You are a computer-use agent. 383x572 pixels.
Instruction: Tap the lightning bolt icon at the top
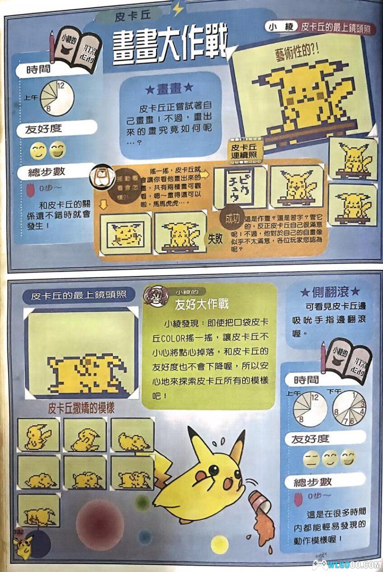click(178, 9)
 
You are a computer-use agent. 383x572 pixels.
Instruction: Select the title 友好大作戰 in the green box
click(202, 304)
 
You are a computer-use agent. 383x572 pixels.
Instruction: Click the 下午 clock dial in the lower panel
click(349, 408)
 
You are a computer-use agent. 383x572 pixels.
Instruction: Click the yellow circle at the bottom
click(220, 544)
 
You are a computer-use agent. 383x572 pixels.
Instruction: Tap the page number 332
click(19, 531)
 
